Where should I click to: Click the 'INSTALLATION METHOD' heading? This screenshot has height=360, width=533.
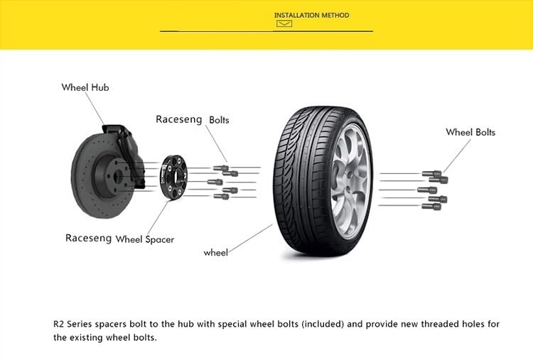coord(311,15)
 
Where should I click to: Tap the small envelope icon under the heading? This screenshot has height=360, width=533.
coord(284,24)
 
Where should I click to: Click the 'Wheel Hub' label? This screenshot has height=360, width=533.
coord(85,87)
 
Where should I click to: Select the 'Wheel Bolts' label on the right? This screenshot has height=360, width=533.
coord(470,132)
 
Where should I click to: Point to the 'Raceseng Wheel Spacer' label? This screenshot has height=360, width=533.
coord(119,239)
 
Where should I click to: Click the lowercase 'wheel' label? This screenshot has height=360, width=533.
coord(215,252)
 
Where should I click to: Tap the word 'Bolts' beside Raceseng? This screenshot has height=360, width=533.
coord(219,120)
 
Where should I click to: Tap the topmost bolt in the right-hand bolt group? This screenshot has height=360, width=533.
coord(431,173)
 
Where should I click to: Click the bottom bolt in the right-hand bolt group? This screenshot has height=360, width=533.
coord(431,206)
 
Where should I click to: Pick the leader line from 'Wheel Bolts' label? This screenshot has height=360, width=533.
coord(456,156)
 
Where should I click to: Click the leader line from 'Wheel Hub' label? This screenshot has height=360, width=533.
coord(95,109)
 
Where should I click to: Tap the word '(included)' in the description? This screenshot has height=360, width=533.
coord(323,324)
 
